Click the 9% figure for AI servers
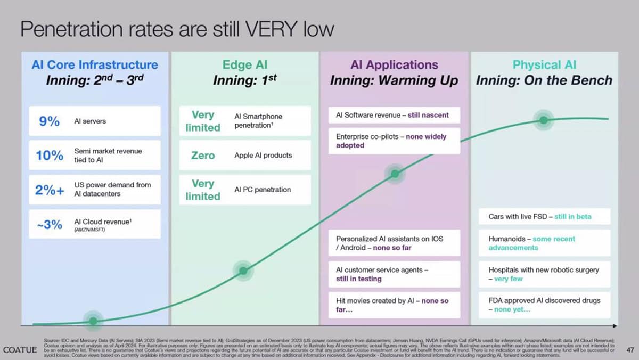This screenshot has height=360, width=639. click(49, 121)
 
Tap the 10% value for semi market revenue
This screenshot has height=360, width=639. click(49, 156)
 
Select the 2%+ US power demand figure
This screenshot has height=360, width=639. click(49, 190)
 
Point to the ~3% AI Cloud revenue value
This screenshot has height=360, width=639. click(50, 224)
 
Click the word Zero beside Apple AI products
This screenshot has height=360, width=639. click(203, 156)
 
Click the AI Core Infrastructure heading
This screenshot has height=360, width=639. click(95, 65)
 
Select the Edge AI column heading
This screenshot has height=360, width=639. click(244, 65)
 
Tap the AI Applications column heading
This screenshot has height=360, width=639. click(394, 65)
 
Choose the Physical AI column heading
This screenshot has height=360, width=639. click(544, 65)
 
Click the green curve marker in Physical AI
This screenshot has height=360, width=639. click(543, 120)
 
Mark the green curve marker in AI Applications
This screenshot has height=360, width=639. click(395, 174)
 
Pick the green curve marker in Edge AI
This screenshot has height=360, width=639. click(243, 271)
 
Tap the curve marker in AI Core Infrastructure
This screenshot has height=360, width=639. click(93, 321)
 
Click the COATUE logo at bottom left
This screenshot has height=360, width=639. click(20, 350)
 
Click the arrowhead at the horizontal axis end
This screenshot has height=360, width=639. click(615, 325)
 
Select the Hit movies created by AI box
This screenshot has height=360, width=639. click(394, 305)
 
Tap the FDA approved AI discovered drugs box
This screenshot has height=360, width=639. click(544, 305)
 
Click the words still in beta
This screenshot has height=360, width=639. click(572, 217)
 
